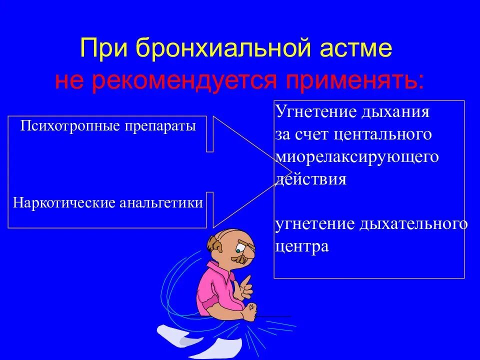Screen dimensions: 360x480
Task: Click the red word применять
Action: tap(353, 80)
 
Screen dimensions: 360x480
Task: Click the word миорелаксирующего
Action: tap(357, 157)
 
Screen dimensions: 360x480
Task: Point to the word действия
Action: tap(310, 179)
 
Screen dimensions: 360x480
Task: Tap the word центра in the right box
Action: tap(302, 246)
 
